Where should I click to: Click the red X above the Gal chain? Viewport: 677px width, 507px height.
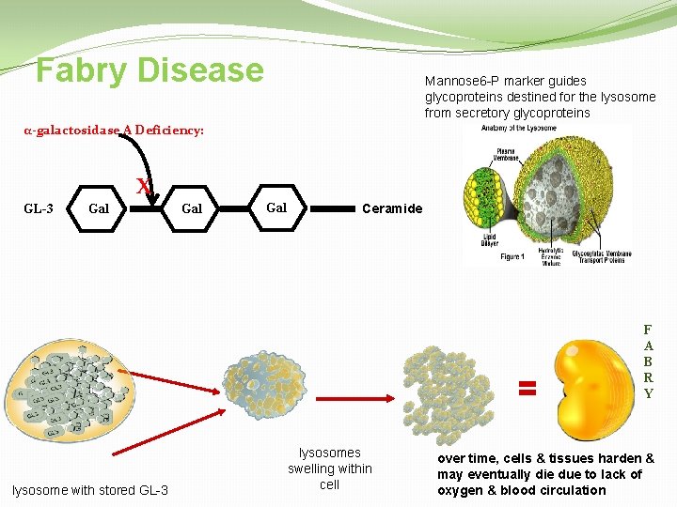(143, 186)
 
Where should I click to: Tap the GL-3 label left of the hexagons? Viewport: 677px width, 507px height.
(37, 207)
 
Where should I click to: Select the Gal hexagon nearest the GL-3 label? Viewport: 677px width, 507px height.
(99, 207)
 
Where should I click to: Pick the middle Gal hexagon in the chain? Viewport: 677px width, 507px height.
(191, 207)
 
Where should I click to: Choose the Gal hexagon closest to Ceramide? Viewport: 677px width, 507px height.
(276, 207)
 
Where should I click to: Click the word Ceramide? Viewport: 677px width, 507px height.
(392, 208)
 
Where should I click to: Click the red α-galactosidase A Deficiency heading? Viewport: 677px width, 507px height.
(114, 131)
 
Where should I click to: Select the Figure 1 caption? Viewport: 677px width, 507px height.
(512, 256)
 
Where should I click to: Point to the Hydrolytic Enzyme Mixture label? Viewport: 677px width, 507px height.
(553, 256)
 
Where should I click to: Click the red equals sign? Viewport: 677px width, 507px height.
(527, 387)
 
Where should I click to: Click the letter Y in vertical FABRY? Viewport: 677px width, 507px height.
(648, 394)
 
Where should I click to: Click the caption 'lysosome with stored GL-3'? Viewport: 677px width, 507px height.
(90, 490)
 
